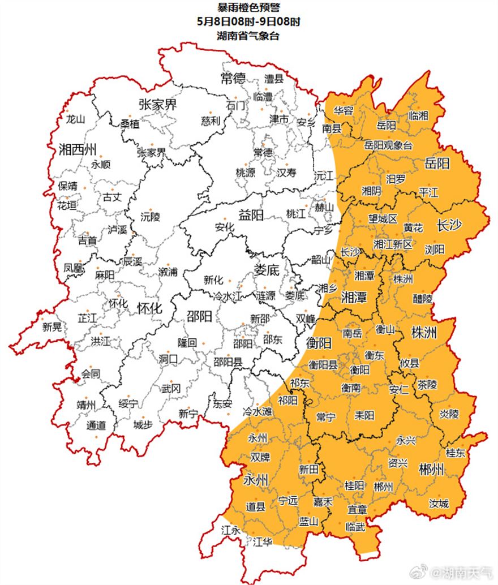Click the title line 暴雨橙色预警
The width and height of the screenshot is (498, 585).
248,7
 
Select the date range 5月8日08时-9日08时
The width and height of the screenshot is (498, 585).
248,21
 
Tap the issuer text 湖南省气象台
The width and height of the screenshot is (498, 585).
248,36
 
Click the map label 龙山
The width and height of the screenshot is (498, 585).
75,120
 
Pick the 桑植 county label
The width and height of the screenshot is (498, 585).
129,123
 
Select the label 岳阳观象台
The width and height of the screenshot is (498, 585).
389,146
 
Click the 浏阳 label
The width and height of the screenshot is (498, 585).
435,249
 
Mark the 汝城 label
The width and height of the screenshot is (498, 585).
439,503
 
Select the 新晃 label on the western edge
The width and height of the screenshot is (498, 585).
52,326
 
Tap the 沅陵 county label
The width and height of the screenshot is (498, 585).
151,216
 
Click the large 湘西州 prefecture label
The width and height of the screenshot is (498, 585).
78,150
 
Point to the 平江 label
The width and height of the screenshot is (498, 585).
428,192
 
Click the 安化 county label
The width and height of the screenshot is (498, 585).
225,227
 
